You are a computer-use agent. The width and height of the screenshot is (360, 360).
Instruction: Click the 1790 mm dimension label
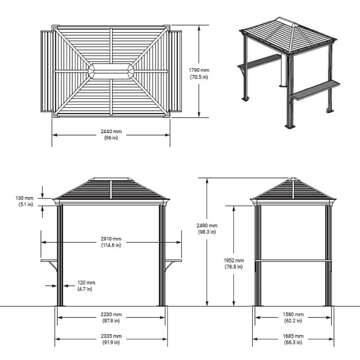click(199, 70)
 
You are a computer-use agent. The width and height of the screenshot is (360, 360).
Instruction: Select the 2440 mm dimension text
click(111, 131)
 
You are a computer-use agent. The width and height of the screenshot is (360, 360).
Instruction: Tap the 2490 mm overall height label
click(207, 225)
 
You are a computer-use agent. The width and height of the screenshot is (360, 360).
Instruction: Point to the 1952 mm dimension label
click(234, 260)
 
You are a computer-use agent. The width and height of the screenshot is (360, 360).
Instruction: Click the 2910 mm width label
click(111, 239)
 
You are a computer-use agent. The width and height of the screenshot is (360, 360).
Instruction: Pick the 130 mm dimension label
click(24, 198)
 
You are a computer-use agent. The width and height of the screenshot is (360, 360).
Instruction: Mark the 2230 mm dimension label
click(111, 314)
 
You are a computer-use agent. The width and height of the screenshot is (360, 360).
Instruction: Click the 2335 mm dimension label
click(111, 336)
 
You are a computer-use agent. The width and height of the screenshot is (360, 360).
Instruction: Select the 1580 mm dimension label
click(293, 314)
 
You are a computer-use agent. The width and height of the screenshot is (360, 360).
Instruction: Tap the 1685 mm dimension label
click(293, 336)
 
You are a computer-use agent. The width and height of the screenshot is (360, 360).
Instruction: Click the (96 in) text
click(111, 138)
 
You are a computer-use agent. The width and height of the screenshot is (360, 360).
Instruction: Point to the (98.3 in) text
click(207, 232)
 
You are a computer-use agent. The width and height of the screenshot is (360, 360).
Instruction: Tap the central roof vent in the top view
click(111, 71)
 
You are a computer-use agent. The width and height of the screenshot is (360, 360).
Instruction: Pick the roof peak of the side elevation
click(293, 179)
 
